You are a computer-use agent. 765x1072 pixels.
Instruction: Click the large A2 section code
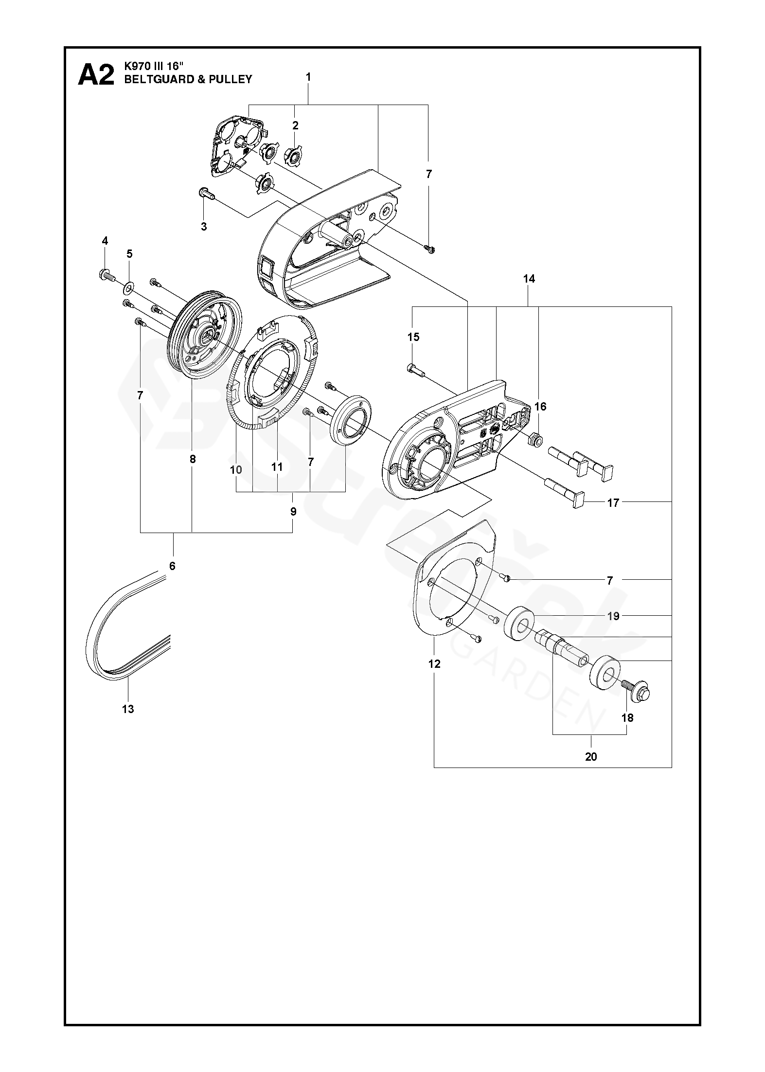tap(96, 75)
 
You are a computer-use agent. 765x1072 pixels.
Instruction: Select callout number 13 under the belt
tap(128, 709)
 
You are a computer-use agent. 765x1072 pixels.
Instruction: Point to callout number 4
tap(105, 241)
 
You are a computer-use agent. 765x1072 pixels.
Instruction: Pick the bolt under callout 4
tap(107, 276)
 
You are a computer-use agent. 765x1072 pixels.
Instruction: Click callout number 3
tap(204, 226)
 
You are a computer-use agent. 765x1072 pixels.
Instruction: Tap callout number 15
tap(413, 337)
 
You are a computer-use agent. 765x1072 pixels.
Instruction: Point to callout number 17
tap(613, 502)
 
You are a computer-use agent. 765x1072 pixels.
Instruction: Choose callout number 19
tap(613, 616)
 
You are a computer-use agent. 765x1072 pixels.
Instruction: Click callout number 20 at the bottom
tap(591, 756)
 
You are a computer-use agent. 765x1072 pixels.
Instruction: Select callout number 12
tap(434, 663)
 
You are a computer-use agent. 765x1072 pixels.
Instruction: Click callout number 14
tap(529, 279)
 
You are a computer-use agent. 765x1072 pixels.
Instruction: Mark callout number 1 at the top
tap(308, 77)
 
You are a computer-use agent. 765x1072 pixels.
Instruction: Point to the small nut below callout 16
tap(534, 439)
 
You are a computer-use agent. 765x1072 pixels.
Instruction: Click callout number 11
tap(277, 467)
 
